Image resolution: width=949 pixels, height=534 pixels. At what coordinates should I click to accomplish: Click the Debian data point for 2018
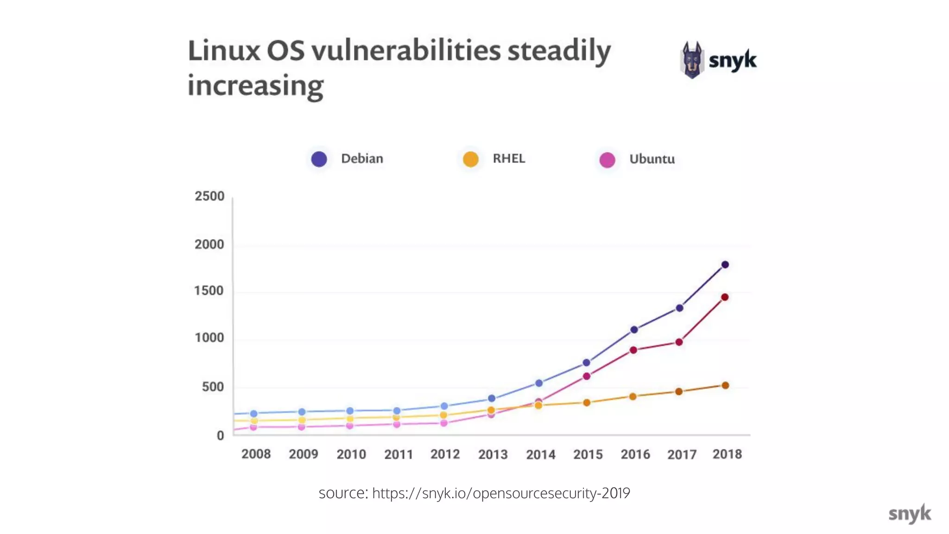[725, 265]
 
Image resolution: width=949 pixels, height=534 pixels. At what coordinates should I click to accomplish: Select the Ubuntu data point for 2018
[725, 297]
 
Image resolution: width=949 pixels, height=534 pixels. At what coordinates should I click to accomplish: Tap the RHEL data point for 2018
[725, 385]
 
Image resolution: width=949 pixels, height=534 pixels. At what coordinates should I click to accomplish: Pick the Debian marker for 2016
[634, 330]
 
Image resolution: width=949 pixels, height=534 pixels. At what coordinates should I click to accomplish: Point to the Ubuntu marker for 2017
[679, 342]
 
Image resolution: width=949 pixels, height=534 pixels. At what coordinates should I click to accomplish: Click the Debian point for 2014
[539, 383]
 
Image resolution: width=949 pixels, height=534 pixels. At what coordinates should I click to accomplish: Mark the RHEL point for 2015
[587, 402]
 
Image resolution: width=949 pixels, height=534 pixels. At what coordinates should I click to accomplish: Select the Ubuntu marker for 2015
[587, 376]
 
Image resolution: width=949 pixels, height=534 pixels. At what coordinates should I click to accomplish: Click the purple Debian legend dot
[319, 159]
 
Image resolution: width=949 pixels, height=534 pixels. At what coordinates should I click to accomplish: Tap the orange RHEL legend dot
[470, 159]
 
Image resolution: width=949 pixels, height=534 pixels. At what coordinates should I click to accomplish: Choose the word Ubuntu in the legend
[652, 159]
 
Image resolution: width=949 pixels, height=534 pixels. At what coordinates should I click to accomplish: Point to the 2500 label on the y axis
[209, 196]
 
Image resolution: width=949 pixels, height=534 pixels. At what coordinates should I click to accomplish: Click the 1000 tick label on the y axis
[209, 337]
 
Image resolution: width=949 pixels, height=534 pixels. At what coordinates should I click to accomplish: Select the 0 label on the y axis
[220, 435]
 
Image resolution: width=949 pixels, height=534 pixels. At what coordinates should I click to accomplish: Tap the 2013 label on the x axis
[493, 454]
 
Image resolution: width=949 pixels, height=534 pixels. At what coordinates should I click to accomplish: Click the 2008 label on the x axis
[256, 454]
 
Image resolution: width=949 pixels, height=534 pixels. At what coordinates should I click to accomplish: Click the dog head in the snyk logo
[692, 60]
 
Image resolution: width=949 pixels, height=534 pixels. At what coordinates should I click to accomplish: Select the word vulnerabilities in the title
[406, 51]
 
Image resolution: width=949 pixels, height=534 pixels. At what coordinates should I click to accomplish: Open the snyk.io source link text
[500, 493]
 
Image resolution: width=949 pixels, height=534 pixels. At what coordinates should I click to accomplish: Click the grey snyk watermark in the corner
[909, 514]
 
